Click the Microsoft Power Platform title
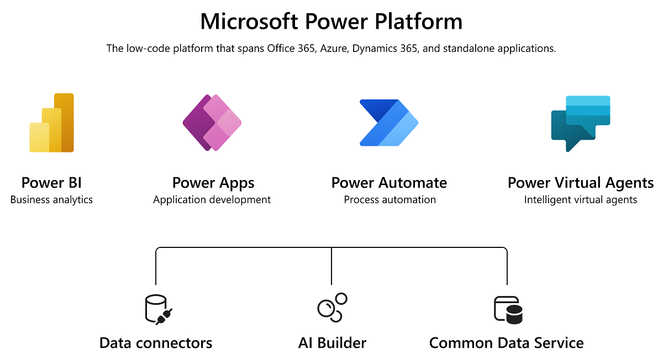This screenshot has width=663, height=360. (331, 22)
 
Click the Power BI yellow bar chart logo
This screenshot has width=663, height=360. (51, 123)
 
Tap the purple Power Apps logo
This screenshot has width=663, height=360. (212, 123)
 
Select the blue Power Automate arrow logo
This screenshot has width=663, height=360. (388, 123)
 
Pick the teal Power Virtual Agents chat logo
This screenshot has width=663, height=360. (580, 123)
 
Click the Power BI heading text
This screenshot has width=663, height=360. (51, 183)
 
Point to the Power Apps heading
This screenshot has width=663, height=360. (213, 183)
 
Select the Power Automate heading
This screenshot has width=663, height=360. (389, 183)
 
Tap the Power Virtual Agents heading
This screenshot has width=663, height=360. (580, 183)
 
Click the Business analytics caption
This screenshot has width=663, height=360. (51, 200)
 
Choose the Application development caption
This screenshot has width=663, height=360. (212, 200)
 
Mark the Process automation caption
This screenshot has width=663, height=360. (390, 200)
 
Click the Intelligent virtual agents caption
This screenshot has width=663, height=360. (580, 200)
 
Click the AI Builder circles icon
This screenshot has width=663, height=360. (331, 307)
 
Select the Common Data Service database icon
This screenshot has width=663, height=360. (507, 309)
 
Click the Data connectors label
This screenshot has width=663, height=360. (156, 343)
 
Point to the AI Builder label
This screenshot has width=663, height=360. (332, 343)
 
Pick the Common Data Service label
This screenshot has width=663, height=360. (506, 343)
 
